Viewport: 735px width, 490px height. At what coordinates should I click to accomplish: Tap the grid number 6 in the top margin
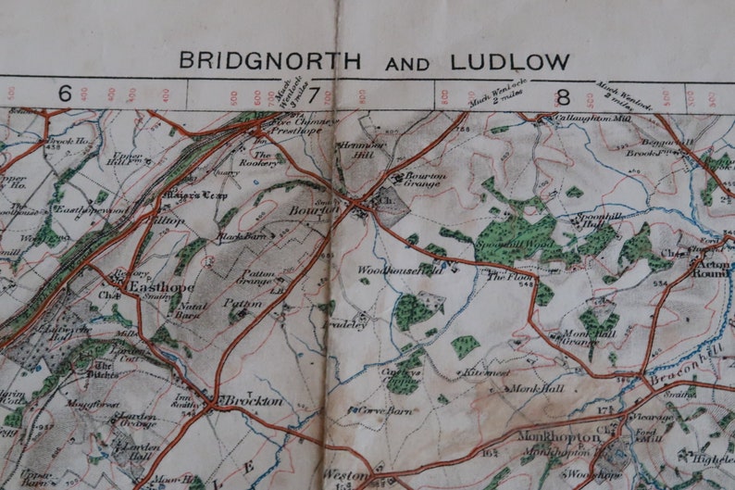(65, 94)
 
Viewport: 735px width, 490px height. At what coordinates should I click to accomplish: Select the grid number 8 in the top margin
(562, 94)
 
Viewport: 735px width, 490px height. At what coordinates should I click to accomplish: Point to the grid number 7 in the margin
(313, 94)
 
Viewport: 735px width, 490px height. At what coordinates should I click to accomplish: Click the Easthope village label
(152, 287)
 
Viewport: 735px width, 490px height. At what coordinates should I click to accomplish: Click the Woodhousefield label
(395, 270)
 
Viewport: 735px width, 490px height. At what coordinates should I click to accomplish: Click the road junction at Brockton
(212, 404)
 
